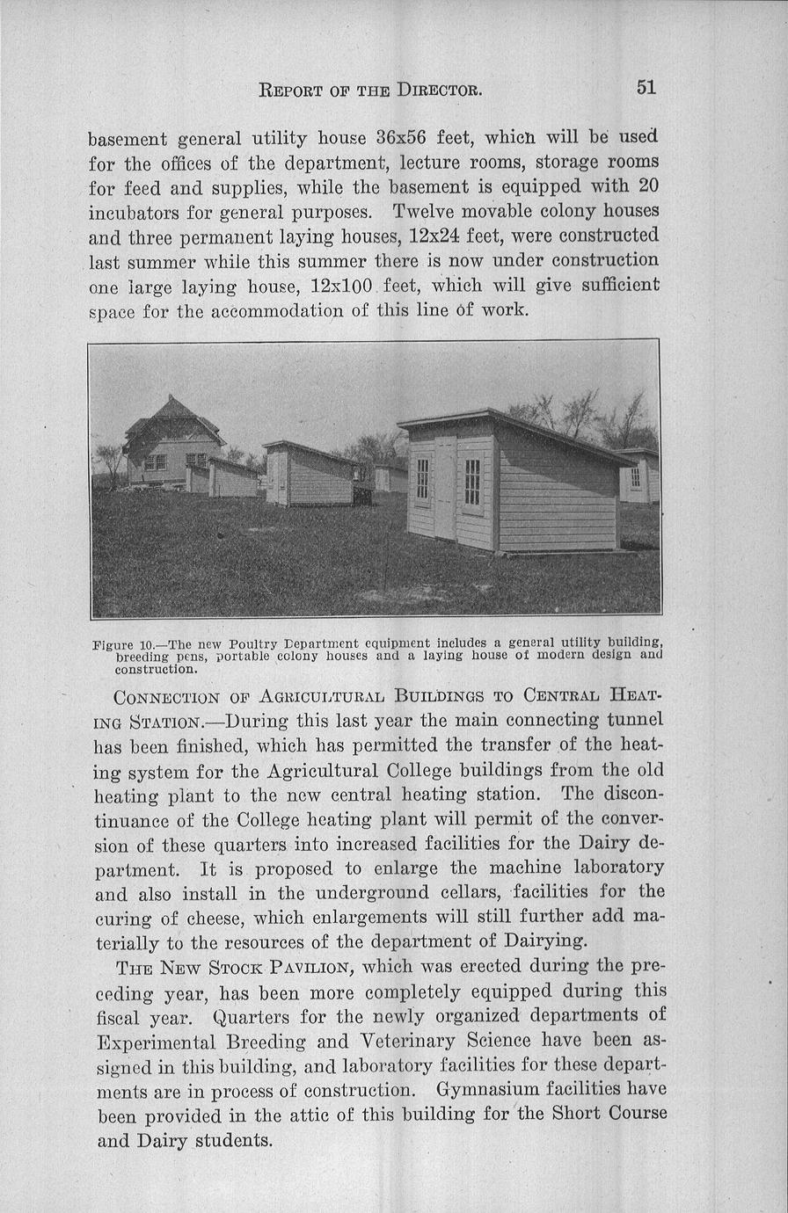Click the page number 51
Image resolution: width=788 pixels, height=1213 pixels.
click(x=646, y=87)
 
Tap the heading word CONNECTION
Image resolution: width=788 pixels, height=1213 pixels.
click(x=166, y=698)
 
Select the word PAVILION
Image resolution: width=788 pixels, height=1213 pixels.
click(x=311, y=969)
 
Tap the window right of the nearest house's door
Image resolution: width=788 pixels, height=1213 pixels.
click(x=472, y=482)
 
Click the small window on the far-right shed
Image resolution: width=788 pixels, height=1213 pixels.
click(x=635, y=476)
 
